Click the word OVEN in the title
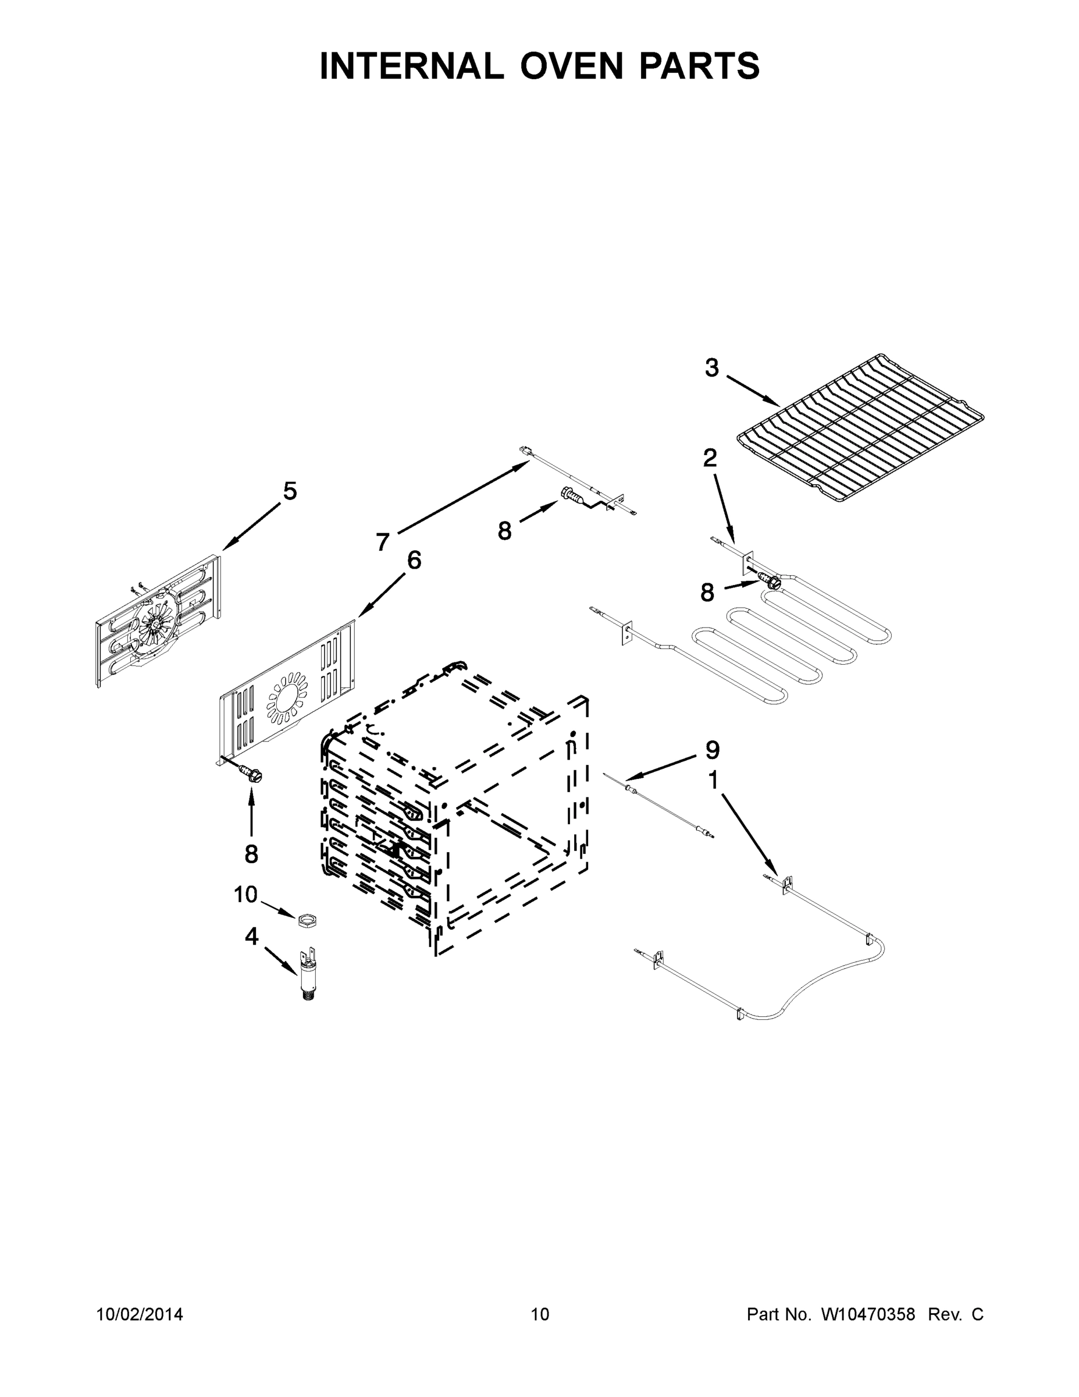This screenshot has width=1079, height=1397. [x=571, y=66]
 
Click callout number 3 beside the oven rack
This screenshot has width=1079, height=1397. [x=711, y=368]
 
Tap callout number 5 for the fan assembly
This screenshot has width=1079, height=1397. [x=290, y=491]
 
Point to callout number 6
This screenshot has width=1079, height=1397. [x=414, y=561]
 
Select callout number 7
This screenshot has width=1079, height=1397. [x=382, y=543]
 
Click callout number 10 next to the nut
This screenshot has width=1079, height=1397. [x=245, y=894]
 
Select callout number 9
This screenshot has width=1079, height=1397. [x=712, y=750]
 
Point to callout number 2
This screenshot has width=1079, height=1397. [x=710, y=458]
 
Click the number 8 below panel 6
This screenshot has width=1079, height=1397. [x=251, y=854]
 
